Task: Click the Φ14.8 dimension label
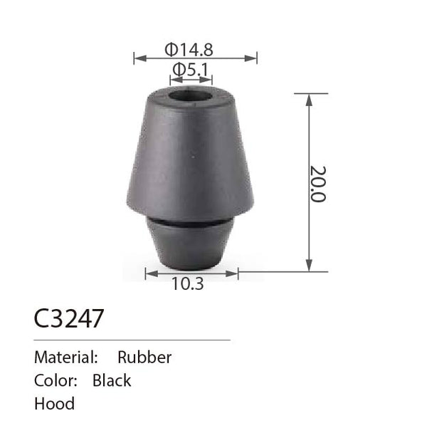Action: (189, 50)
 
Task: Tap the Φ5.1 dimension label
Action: (191, 69)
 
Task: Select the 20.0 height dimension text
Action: (318, 184)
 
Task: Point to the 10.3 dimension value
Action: (188, 283)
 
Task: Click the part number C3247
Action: (69, 318)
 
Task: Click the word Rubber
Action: (144, 357)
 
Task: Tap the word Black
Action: (112, 380)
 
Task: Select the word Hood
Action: (54, 404)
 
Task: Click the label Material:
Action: (66, 357)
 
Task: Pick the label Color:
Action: (56, 380)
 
